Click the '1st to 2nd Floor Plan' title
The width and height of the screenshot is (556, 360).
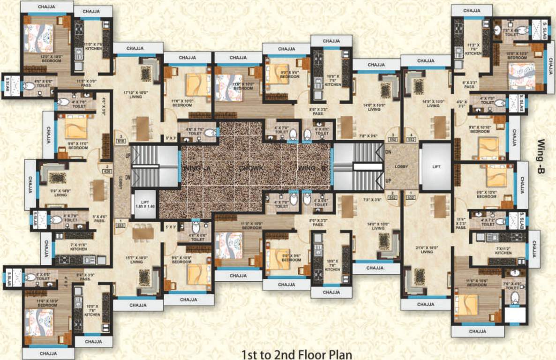tap(296, 353)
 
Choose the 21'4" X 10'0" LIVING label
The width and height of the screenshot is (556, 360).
tap(426, 250)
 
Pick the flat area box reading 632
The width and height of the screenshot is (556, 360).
tap(411, 197)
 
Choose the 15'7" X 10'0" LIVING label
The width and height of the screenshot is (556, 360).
tap(136, 260)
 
